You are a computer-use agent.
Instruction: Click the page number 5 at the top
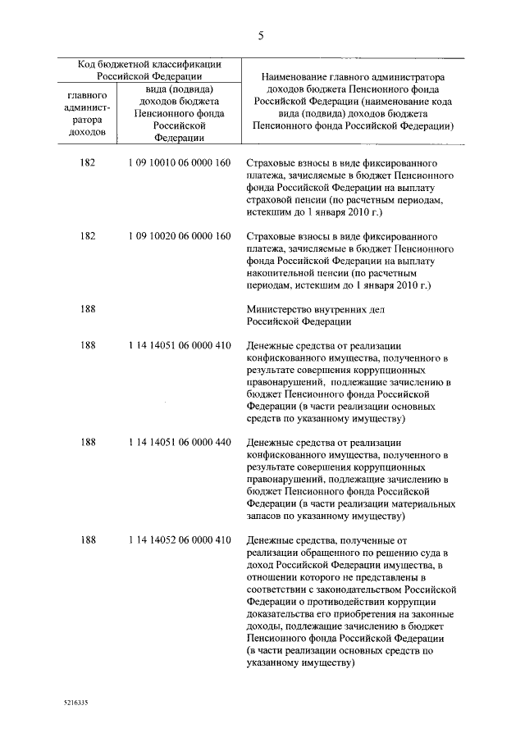click(261, 35)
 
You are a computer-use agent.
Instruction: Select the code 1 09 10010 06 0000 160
click(180, 163)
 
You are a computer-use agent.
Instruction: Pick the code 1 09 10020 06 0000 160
click(180, 236)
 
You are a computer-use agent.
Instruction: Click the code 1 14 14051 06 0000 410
click(180, 346)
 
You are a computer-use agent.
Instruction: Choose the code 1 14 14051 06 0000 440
click(180, 443)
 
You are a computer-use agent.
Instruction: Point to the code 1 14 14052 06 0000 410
click(180, 540)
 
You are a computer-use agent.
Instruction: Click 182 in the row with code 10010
click(88, 163)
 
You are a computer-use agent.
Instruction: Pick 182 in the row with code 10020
click(88, 236)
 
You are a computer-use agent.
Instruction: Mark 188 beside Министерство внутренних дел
click(88, 309)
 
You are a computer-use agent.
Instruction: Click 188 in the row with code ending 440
click(88, 443)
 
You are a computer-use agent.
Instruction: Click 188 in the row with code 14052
click(88, 540)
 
